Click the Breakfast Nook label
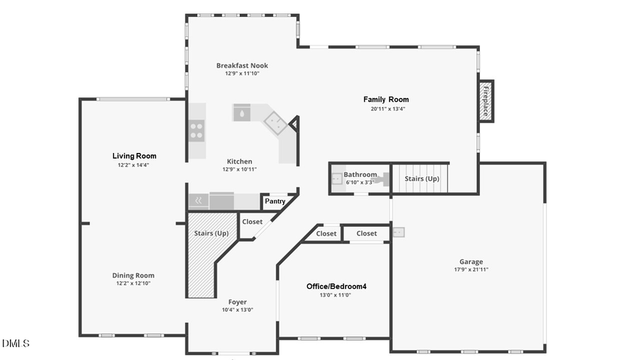(242, 65)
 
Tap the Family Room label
(386, 100)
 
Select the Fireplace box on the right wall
(486, 100)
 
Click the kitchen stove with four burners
(196, 130)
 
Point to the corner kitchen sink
(276, 123)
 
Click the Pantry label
(275, 201)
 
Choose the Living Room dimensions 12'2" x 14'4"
(134, 165)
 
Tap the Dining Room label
(133, 275)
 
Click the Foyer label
(238, 302)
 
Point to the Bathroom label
(360, 174)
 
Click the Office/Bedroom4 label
(336, 287)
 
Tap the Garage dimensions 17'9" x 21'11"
(471, 270)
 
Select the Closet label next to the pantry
(252, 222)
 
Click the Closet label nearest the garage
(367, 233)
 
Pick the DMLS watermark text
(16, 344)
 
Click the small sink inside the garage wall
(398, 231)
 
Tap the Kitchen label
(240, 162)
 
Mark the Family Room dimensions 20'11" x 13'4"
(386, 110)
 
